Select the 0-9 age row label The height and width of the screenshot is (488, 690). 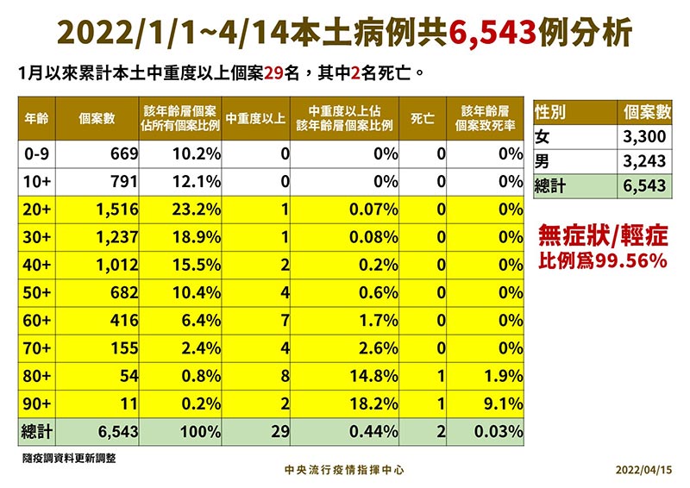pos(38,154)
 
